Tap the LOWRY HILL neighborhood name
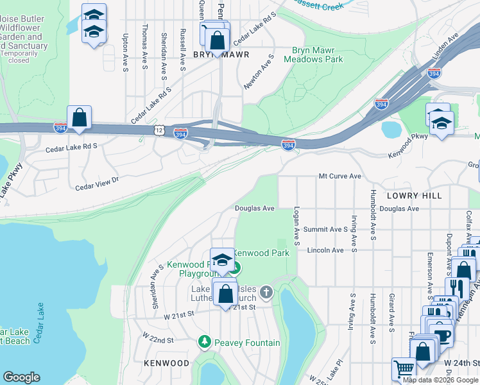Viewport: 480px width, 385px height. [x=415, y=195]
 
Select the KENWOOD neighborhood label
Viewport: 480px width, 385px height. [x=166, y=363]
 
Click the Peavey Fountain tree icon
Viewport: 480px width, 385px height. [x=205, y=342]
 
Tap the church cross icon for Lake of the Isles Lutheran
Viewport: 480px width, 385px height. [x=266, y=293]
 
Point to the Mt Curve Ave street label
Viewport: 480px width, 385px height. [x=340, y=176]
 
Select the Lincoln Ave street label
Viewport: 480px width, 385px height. [x=325, y=250]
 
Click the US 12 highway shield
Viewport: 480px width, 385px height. [x=159, y=130]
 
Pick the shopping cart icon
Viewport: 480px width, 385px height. [x=403, y=368]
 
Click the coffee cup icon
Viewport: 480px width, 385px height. [x=441, y=335]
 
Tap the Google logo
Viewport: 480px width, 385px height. [x=21, y=377]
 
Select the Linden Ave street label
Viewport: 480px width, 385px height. [x=445, y=49]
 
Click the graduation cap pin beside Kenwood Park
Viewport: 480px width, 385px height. [x=222, y=260]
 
